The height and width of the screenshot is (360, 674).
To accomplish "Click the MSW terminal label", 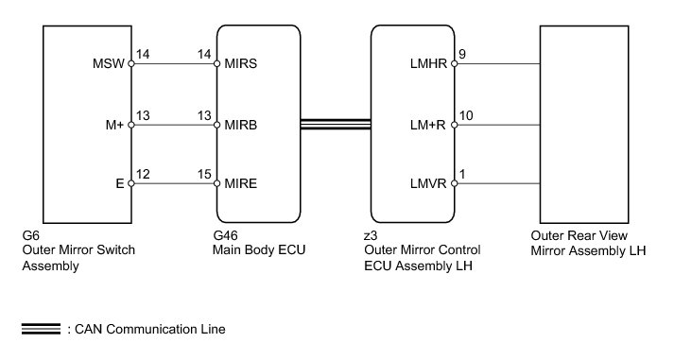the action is pyautogui.click(x=109, y=63).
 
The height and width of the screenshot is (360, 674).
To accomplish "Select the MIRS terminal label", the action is pyautogui.click(x=241, y=63).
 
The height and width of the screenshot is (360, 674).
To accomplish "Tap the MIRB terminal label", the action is pyautogui.click(x=241, y=125).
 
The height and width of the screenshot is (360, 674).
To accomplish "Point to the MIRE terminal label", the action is pyautogui.click(x=241, y=184).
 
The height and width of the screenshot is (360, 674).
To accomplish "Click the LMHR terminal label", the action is pyautogui.click(x=428, y=63).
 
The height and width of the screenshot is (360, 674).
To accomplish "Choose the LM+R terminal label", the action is pyautogui.click(x=427, y=125).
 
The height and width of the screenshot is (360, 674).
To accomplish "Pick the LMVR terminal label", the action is pyautogui.click(x=428, y=184).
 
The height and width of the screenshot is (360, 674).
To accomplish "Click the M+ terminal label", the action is pyautogui.click(x=114, y=125).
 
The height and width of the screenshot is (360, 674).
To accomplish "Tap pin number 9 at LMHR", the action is pyautogui.click(x=462, y=54).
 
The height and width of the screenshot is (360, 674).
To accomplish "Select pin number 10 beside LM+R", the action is pyautogui.click(x=466, y=115).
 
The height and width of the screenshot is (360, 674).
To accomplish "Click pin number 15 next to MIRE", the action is pyautogui.click(x=204, y=174).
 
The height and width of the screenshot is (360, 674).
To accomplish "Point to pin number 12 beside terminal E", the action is pyautogui.click(x=143, y=174).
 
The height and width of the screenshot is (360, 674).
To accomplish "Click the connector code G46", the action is pyautogui.click(x=225, y=235).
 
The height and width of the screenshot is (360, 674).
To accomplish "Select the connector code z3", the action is pyautogui.click(x=371, y=236).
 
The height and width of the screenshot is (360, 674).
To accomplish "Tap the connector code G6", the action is pyautogui.click(x=30, y=235).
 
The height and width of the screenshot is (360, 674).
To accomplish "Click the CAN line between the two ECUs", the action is pyautogui.click(x=336, y=124).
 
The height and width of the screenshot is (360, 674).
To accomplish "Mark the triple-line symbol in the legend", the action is pyautogui.click(x=41, y=329).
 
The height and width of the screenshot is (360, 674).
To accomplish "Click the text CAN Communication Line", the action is pyautogui.click(x=150, y=329).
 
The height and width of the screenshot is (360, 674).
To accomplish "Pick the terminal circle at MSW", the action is pyautogui.click(x=131, y=63).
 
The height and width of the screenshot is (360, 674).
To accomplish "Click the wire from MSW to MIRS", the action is pyautogui.click(x=174, y=63).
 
